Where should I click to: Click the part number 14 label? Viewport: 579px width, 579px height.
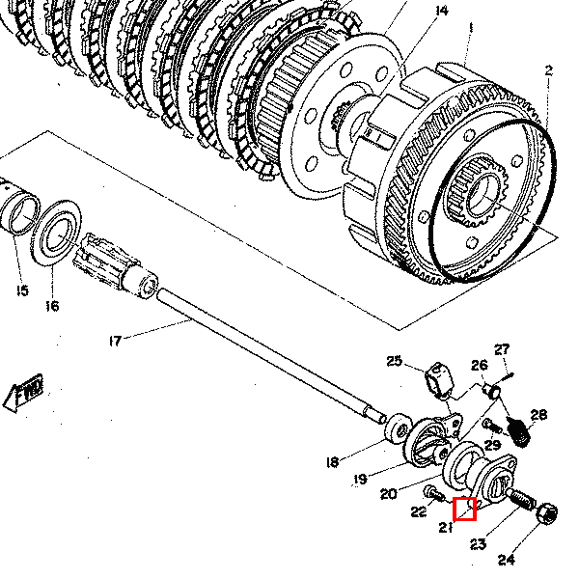(x=442, y=12)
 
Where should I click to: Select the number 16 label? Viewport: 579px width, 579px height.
(x=52, y=306)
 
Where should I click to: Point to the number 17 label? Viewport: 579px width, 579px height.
(x=115, y=339)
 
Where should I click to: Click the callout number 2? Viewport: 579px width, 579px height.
(x=547, y=70)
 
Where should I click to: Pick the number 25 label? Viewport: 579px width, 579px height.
(x=394, y=362)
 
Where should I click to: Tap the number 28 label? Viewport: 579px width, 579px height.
(x=538, y=416)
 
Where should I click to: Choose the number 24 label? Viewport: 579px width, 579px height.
(x=507, y=560)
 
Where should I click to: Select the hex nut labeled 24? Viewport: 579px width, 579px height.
(x=544, y=510)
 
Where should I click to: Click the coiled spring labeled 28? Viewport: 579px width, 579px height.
(x=520, y=431)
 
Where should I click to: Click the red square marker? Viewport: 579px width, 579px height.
(x=465, y=508)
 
